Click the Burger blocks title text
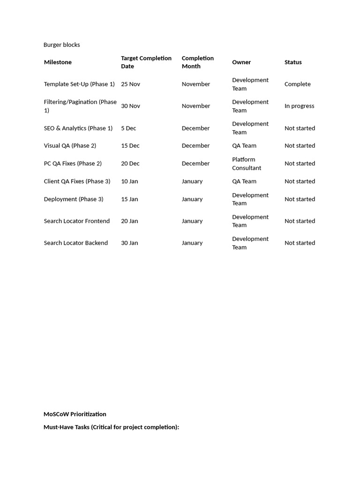61,45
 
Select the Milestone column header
58,62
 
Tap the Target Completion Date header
146,62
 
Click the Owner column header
241,62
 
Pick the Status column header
293,62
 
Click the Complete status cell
297,84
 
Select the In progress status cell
299,106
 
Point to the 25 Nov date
130,84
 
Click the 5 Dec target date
128,128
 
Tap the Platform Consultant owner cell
247,164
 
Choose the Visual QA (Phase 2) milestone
70,146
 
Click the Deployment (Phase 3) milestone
74,199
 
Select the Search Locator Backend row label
76,243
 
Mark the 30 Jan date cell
129,243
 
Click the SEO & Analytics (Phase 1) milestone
78,128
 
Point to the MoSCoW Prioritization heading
75,414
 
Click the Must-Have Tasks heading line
111,427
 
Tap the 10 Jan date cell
129,181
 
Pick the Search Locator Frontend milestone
77,221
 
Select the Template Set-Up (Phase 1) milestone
79,84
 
